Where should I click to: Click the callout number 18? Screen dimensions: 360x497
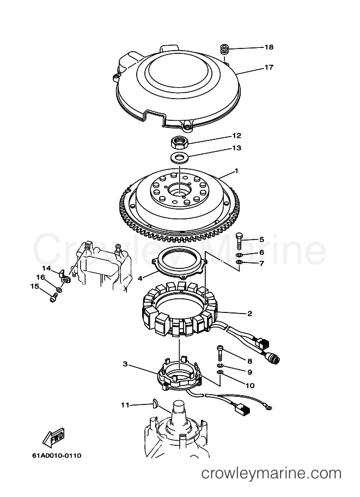269,47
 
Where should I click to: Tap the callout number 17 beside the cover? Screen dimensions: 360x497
269,67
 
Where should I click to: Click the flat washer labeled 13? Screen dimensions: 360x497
179,157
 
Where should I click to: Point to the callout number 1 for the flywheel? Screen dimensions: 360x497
236,171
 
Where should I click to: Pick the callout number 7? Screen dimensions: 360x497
261,263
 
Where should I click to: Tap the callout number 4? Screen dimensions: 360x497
140,279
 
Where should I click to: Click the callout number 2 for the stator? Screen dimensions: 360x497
250,314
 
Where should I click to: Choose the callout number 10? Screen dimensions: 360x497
250,385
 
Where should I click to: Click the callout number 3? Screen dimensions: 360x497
125,364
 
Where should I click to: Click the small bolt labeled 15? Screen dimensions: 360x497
53,298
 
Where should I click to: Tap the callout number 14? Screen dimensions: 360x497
47,268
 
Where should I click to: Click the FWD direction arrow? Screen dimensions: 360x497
53,438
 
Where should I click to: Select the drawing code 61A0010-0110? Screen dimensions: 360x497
57,456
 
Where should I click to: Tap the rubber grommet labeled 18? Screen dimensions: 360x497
225,50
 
